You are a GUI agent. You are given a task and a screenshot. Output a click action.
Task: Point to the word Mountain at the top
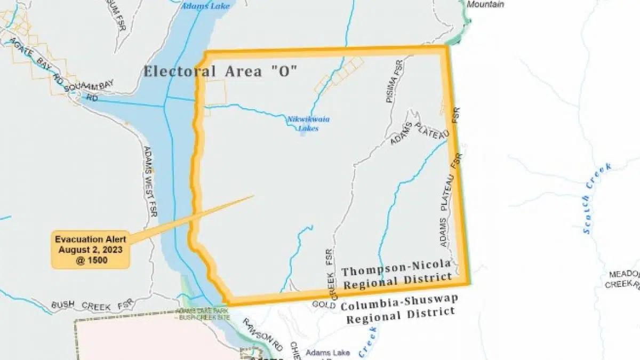coord(485,4)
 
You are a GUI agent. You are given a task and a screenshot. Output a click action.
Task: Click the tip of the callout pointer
coord(253,196)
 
